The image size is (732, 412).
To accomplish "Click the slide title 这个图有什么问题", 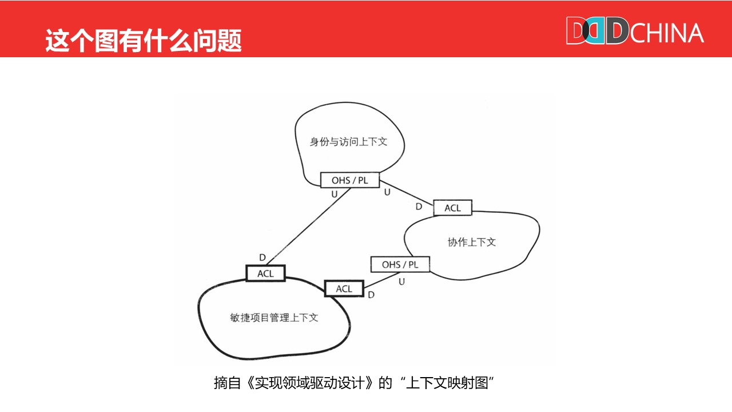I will coord(144,40).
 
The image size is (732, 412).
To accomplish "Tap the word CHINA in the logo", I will coord(667,33).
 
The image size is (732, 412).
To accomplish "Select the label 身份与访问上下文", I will coord(348,141).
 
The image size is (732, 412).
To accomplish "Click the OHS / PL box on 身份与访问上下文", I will coord(350,180).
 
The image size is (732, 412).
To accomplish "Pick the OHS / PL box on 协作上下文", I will coord(400,264).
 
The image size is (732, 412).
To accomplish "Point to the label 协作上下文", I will coord(472,242).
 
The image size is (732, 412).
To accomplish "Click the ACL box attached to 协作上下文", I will coord(452,208).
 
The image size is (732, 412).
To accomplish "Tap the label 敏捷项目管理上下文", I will coord(272,318).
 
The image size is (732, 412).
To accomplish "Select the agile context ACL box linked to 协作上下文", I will coord(344,289).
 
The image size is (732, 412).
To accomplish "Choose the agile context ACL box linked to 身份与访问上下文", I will coord(265,274).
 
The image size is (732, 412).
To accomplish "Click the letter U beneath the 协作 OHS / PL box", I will coord(401,282).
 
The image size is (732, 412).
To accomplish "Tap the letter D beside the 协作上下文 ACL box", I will coord(419,206).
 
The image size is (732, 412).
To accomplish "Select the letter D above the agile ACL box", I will coord(262,258).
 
